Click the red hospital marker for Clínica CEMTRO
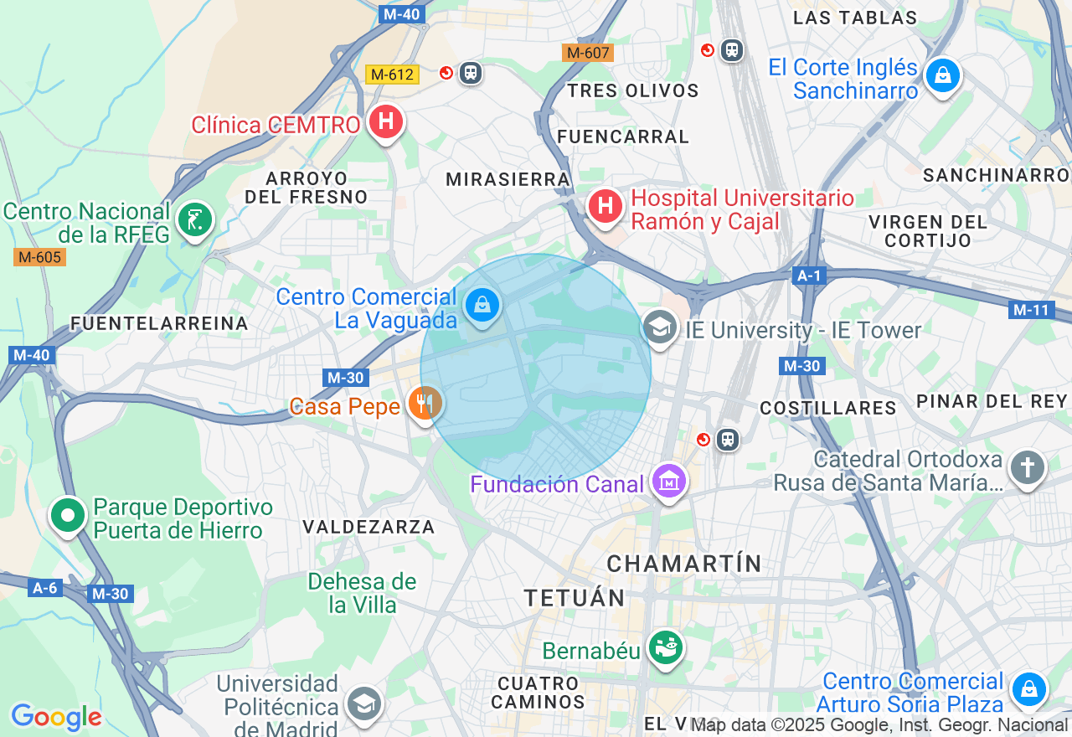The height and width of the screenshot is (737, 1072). pos(385,123)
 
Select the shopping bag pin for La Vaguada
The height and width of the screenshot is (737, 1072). pos(482,306)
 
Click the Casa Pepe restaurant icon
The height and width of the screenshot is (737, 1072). pos(425,404)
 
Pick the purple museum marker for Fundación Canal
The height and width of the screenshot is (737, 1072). pos(668,482)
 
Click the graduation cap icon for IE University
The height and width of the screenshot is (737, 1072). pos(660,327)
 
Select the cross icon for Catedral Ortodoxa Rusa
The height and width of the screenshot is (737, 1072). pos(1027,467)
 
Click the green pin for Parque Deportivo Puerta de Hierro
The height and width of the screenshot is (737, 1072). pos(68,516)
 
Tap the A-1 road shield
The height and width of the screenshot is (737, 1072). pos(809,276)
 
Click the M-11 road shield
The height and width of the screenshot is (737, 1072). pos(1030,310)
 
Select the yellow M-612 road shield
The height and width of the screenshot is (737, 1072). pos(392,75)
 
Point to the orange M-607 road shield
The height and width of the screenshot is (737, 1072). pos(588,53)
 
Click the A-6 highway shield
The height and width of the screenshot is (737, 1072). pos(44,588)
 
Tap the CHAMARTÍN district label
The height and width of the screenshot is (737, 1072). pos(684,564)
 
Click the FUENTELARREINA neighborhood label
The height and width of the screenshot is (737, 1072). pos(159,323)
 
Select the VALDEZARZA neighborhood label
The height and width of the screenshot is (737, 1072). pos(368,527)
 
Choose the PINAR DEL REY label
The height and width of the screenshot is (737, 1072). pos(992,401)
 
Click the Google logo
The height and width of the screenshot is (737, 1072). pos(56,718)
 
